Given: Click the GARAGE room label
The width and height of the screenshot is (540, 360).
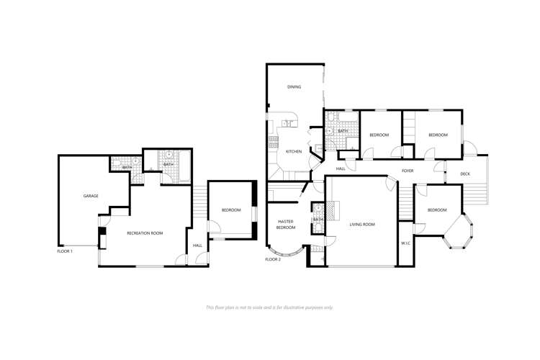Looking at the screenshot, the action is click(91, 196).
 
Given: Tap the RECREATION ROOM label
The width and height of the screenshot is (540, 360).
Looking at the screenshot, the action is click(145, 233).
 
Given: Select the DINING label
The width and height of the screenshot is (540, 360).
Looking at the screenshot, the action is click(294, 87).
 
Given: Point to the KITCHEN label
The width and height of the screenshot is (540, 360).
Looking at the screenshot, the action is click(294, 152).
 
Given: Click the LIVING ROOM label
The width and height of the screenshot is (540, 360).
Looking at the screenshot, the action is click(362, 225).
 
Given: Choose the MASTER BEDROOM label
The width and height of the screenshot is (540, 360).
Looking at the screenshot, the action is click(286, 225).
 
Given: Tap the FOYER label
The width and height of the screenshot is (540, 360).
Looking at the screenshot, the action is click(408, 171).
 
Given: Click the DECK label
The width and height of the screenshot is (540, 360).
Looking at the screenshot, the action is click(465, 174).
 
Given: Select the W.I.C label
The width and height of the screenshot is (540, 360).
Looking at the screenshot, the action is click(405, 243).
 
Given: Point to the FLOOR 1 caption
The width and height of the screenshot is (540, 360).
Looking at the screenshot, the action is click(65, 251).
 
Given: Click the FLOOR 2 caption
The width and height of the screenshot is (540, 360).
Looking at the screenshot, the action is click(273, 259).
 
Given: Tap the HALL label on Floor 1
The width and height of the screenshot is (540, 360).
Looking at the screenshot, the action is click(197, 246).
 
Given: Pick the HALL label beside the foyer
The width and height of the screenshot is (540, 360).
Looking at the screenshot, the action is click(341, 168).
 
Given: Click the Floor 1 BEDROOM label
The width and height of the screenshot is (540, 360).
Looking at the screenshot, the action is click(231, 210).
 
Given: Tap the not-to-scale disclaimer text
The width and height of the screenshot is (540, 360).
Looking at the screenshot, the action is click(270, 307).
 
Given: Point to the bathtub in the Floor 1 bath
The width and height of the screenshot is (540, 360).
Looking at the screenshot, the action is click(184, 167).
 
